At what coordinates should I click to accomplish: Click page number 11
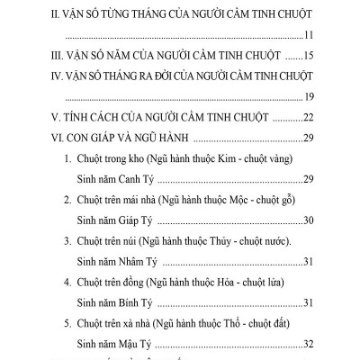coord(305,35)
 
